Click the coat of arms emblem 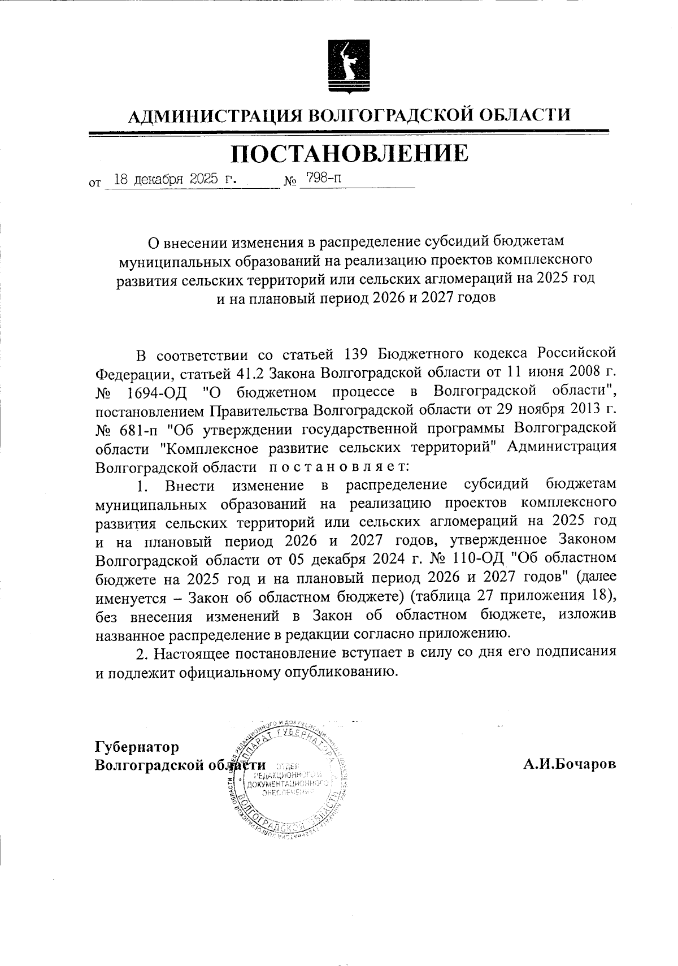(x=349, y=66)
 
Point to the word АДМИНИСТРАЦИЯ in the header (x=215, y=115)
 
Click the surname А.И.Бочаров (x=569, y=765)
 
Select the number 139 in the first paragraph (x=356, y=354)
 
